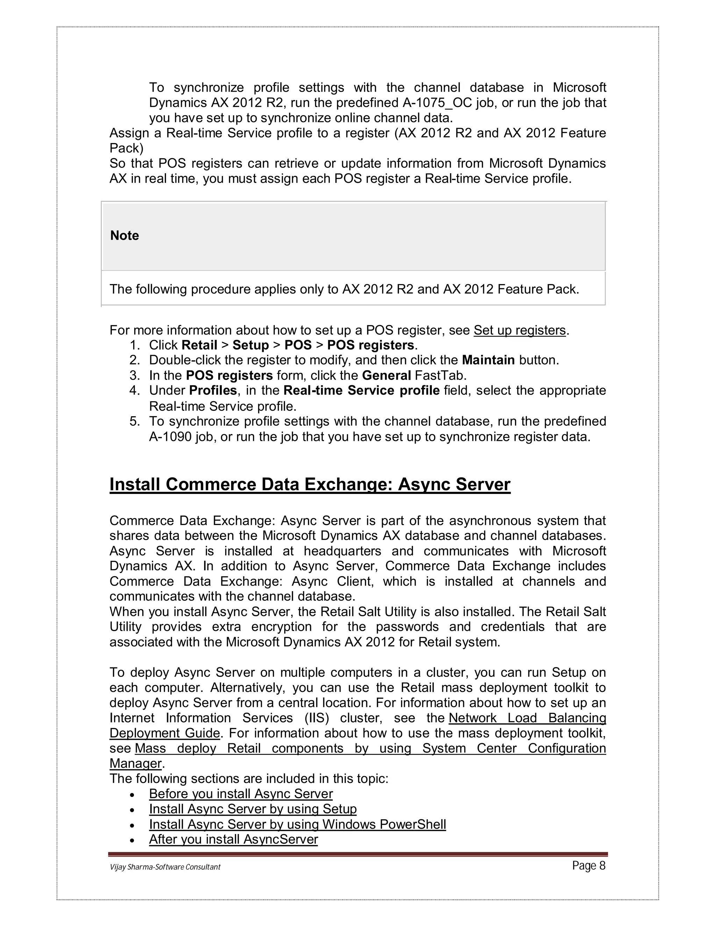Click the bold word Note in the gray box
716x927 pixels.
tap(124, 235)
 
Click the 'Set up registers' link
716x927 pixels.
tap(520, 330)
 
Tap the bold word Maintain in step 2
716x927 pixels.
tap(488, 360)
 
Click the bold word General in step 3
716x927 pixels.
tap(386, 376)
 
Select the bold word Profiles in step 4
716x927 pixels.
tap(213, 390)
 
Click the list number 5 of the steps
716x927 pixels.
tap(135, 422)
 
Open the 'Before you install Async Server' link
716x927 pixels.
tap(241, 794)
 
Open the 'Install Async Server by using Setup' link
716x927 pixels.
tap(252, 809)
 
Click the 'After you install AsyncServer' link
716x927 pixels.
tap(233, 839)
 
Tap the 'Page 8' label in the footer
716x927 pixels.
tap(588, 866)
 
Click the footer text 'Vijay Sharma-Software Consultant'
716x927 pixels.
tap(165, 867)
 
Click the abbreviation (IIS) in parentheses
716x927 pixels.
tap(316, 718)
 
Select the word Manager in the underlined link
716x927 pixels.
tap(136, 764)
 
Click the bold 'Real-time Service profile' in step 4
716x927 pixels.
tap(361, 390)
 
